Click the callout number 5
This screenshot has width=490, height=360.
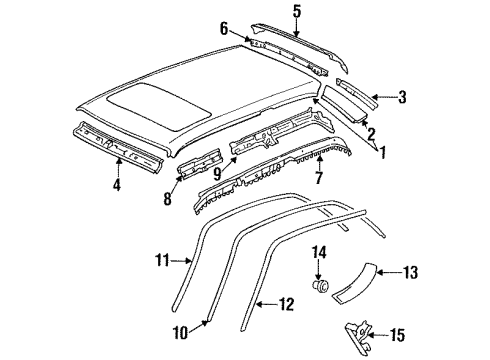[x=297, y=11]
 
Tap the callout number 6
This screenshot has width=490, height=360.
[x=224, y=29]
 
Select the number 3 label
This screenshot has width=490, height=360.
[x=402, y=97]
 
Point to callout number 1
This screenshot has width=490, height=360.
[x=383, y=152]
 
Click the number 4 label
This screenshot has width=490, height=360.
[x=116, y=184]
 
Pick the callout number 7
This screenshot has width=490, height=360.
[x=319, y=178]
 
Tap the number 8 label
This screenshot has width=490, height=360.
[x=168, y=199]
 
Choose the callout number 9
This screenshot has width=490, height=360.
[x=217, y=174]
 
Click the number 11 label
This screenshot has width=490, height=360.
[x=163, y=260]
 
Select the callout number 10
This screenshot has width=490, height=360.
[x=181, y=333]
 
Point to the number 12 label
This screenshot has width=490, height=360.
[x=286, y=304]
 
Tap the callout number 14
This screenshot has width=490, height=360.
[x=319, y=252]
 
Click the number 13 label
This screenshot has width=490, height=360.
[x=410, y=272]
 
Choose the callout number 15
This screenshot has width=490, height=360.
[x=397, y=335]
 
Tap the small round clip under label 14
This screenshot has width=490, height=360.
[x=320, y=286]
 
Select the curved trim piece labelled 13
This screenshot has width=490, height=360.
[x=354, y=283]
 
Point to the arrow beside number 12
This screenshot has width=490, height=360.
[x=267, y=304]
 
